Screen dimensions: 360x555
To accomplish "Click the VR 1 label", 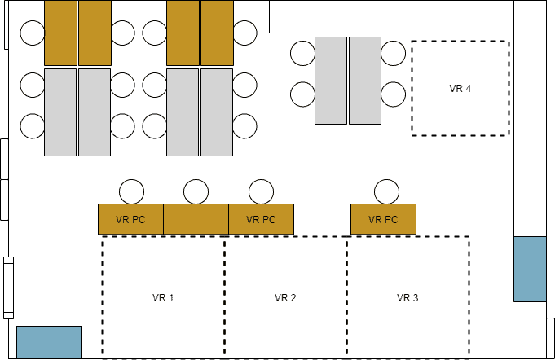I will [x=163, y=298].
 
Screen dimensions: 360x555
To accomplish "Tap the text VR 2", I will [x=285, y=298].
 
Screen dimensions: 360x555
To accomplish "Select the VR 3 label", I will [x=407, y=298].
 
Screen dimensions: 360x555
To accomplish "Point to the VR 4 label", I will [x=460, y=89].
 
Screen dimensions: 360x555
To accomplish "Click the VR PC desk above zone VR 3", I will [x=383, y=219].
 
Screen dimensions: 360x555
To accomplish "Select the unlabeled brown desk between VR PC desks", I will [x=196, y=219].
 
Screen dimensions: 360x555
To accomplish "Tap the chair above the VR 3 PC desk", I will [x=387, y=192].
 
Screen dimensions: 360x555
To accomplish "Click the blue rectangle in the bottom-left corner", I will [x=50, y=342].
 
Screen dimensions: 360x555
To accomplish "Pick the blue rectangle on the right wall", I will [x=530, y=269].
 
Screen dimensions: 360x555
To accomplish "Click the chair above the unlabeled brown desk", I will [x=196, y=192].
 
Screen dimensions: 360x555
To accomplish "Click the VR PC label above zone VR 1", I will [x=130, y=219].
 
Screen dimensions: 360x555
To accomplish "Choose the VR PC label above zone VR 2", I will [x=261, y=219].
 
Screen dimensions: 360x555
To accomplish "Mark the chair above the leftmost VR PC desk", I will [x=131, y=192].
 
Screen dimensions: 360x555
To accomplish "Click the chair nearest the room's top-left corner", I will [x=33, y=33].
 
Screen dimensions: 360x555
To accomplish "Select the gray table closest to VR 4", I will [x=365, y=81].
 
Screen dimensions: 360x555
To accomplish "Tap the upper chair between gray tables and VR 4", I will [x=393, y=54].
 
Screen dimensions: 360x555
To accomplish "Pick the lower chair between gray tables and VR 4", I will [x=393, y=94].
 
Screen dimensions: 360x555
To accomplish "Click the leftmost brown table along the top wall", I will [x=60, y=33].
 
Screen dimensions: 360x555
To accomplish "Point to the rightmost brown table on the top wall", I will [x=217, y=33].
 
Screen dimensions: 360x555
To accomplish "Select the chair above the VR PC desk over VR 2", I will [x=261, y=192].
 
